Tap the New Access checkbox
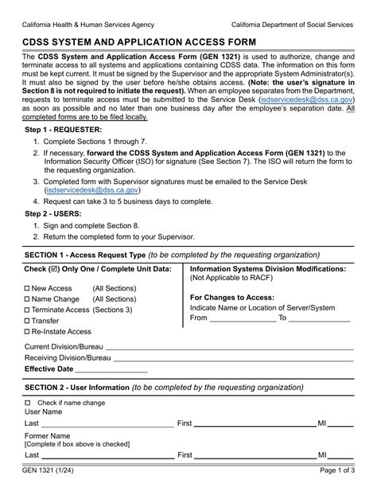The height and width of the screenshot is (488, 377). click(x=28, y=288)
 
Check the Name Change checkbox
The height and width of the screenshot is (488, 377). click(x=28, y=299)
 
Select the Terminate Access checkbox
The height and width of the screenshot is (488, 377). click(x=28, y=310)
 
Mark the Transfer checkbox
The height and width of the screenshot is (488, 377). click(x=28, y=321)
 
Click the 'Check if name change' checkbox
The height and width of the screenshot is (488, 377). click(x=28, y=403)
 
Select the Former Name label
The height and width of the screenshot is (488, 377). click(x=49, y=435)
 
